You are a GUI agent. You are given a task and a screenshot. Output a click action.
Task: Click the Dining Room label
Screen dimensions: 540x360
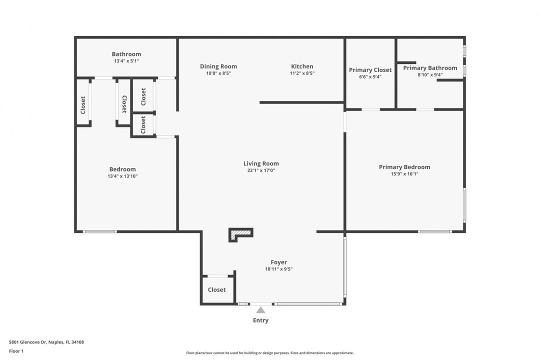pyautogui.click(x=218, y=66)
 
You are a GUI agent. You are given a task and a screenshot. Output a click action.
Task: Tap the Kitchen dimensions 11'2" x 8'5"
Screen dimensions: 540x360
pyautogui.click(x=302, y=73)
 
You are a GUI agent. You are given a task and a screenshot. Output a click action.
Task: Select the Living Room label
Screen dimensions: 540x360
pyautogui.click(x=261, y=163)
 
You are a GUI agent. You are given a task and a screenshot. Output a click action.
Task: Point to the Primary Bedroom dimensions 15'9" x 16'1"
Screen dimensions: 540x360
pyautogui.click(x=404, y=174)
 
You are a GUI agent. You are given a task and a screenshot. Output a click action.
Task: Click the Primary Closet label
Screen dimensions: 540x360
pyautogui.click(x=370, y=70)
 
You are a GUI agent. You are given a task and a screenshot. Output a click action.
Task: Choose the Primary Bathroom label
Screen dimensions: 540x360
pyautogui.click(x=430, y=68)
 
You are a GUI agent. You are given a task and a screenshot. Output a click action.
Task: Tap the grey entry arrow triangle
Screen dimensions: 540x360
pyautogui.click(x=260, y=310)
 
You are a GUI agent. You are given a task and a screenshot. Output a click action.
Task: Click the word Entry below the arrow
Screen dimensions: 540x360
pyautogui.click(x=260, y=320)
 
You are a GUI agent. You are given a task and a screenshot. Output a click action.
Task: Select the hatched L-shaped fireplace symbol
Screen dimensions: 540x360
pyautogui.click(x=240, y=234)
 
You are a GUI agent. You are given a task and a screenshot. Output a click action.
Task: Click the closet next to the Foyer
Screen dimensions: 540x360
pyautogui.click(x=217, y=289)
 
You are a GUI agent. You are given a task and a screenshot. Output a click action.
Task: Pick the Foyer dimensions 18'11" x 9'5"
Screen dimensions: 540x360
pyautogui.click(x=278, y=269)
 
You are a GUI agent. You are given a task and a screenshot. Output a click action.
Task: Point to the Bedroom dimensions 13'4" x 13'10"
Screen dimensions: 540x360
pyautogui.click(x=122, y=176)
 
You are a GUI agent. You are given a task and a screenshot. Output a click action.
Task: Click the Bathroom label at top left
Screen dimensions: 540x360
pyautogui.click(x=126, y=54)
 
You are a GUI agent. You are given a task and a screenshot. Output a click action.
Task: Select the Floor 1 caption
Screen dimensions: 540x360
pyautogui.click(x=16, y=351)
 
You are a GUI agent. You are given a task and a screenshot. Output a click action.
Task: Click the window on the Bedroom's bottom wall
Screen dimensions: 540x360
pyautogui.click(x=100, y=231)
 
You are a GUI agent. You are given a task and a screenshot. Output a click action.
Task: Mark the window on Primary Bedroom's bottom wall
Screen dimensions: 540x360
pyautogui.click(x=434, y=231)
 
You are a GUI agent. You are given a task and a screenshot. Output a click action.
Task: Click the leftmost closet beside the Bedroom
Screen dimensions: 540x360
pyautogui.click(x=82, y=102)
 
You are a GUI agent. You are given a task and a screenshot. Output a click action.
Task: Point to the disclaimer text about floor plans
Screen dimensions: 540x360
pyautogui.click(x=269, y=353)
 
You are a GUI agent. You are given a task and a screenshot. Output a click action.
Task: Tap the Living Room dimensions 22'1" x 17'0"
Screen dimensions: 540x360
pyautogui.click(x=261, y=170)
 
